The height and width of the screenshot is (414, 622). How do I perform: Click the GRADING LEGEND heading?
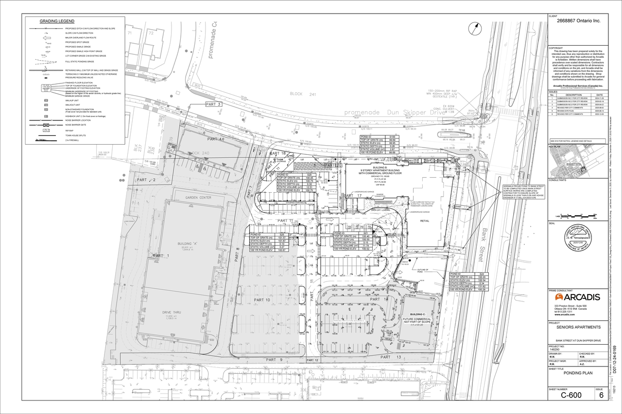57,21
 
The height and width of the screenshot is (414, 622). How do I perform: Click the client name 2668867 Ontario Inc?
575,21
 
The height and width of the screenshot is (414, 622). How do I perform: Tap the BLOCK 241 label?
299,94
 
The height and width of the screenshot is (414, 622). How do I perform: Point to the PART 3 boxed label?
213,104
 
